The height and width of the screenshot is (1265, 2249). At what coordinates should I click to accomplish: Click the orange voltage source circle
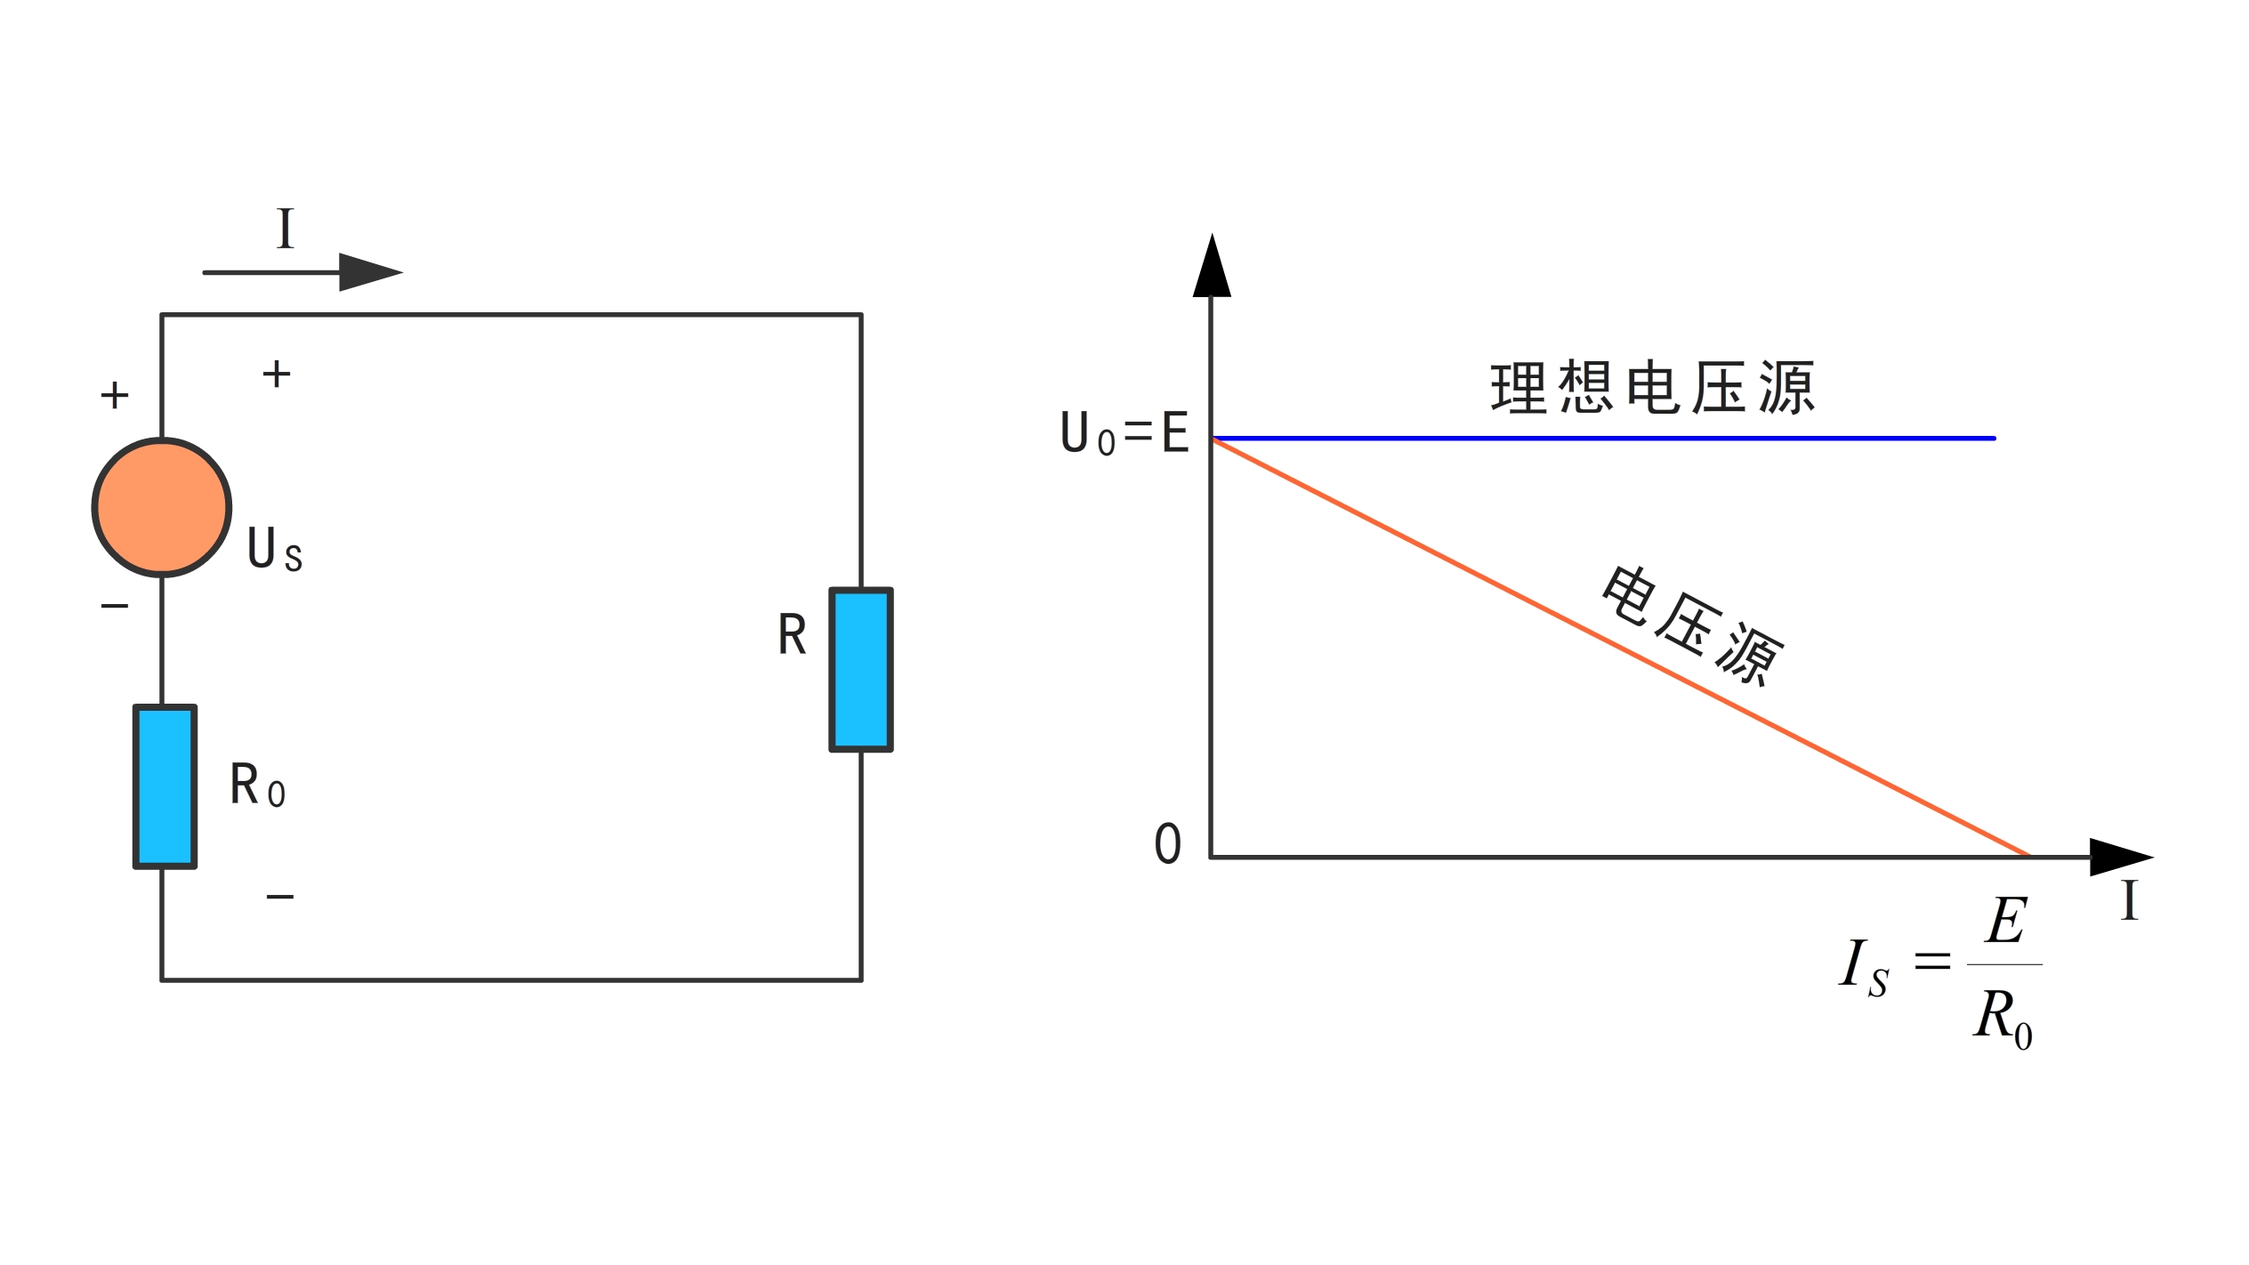pyautogui.click(x=162, y=507)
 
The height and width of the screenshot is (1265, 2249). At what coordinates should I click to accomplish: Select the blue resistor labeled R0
pyautogui.click(x=165, y=786)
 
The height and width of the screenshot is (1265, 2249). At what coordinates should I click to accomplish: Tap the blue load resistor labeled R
pyautogui.click(x=860, y=669)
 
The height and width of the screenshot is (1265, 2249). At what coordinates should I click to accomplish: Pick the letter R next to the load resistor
pyautogui.click(x=792, y=635)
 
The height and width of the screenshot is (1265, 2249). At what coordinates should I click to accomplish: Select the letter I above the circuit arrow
pyautogui.click(x=285, y=229)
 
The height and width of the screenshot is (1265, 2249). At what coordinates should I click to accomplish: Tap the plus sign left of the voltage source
pyautogui.click(x=115, y=395)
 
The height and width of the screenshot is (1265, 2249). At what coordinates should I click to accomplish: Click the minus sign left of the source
pyautogui.click(x=115, y=607)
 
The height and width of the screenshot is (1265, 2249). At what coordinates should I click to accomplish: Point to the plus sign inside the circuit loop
pyautogui.click(x=277, y=374)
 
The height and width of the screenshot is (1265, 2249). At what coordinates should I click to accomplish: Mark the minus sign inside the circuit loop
pyautogui.click(x=280, y=897)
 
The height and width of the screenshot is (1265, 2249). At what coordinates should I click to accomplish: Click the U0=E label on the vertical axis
pyautogui.click(x=1124, y=433)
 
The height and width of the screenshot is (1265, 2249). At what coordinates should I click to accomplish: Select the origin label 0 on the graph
pyautogui.click(x=1167, y=843)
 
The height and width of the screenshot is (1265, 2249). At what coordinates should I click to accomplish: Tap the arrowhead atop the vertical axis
pyautogui.click(x=1212, y=267)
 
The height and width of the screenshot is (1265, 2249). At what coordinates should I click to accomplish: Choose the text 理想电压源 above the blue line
pyautogui.click(x=1652, y=388)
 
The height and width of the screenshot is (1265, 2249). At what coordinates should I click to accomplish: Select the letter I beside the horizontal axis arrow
pyautogui.click(x=2130, y=900)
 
